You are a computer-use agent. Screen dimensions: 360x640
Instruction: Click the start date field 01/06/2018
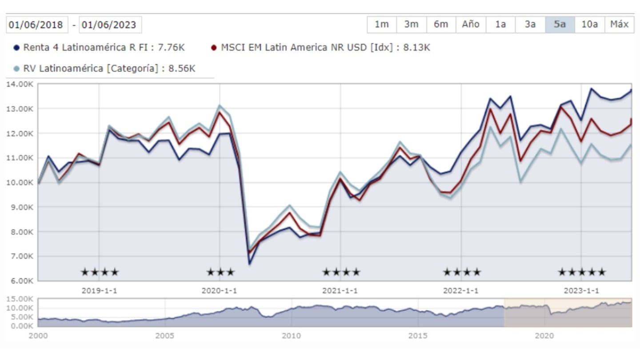[x=37, y=24]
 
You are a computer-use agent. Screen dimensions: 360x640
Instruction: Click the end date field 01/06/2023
[x=110, y=24]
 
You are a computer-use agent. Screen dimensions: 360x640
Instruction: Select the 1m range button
[x=382, y=24]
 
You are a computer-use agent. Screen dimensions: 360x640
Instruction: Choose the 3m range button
[x=411, y=24]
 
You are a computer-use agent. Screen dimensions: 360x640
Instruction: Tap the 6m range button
[x=441, y=24]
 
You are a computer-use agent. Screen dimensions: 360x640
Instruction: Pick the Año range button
[x=471, y=24]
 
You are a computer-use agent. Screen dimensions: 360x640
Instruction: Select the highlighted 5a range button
[x=560, y=24]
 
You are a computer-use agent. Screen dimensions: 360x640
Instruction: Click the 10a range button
[x=589, y=24]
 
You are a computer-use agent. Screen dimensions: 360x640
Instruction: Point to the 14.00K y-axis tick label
[x=20, y=84]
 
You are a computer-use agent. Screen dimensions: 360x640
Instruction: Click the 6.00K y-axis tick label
[x=20, y=281]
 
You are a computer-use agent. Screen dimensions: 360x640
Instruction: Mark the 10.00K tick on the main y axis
[x=20, y=183]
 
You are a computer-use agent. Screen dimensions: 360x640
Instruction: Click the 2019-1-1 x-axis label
[x=99, y=291]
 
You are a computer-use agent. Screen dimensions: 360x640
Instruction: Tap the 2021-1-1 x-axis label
[x=340, y=291]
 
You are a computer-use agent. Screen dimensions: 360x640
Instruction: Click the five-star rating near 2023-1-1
[x=582, y=272]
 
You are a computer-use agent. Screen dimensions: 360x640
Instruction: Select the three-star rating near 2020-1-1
[x=220, y=272]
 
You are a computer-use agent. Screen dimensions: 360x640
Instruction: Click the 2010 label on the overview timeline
[x=291, y=336]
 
